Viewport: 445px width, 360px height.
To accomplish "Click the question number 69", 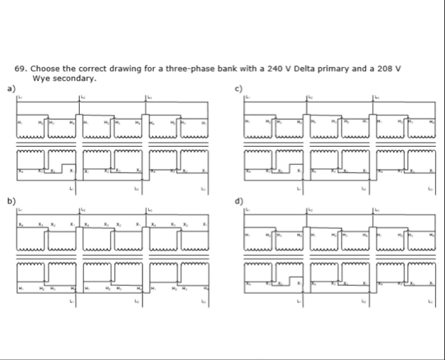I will pyautogui.click(x=20, y=70).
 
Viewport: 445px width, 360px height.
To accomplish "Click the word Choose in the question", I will pyautogui.click(x=44, y=70).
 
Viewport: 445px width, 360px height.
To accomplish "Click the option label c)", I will pyautogui.click(x=239, y=88).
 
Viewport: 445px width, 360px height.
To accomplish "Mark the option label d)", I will pyautogui.click(x=239, y=201).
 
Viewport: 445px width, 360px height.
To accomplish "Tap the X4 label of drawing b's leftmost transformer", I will pyautogui.click(x=21, y=224).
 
